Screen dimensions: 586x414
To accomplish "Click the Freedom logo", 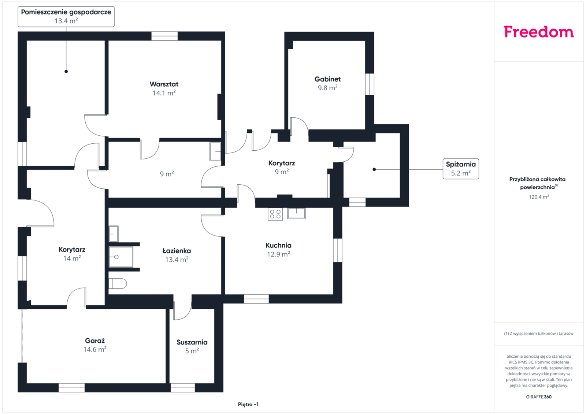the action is pos(539,32).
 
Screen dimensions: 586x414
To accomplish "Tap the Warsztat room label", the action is pos(164,84).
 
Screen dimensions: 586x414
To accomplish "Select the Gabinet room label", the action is pos(327,79).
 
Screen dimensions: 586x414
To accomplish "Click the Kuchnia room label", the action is pos(278,245).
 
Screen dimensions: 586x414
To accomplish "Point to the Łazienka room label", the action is pos(177,251).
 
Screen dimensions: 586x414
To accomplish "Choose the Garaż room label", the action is pos(95,340).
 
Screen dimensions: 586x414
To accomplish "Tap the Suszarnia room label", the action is pos(192,342).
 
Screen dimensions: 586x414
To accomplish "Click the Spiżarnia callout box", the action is pos(461,169).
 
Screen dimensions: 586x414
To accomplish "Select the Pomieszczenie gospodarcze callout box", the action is pos(66,16).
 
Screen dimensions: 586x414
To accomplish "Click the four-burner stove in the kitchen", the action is pos(275,214).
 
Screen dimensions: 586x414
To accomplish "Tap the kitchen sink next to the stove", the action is pos(296,213).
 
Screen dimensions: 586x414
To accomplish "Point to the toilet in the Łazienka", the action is pos(118,283).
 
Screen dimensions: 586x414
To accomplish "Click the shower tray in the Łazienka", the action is pos(120,257).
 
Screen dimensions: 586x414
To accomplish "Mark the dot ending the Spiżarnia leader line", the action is pos(374,169).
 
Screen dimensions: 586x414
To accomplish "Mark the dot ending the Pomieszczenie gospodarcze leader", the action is pos(66,71).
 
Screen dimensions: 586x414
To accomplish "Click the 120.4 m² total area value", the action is pos(539,197).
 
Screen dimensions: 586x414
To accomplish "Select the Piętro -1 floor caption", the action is pos(248,404).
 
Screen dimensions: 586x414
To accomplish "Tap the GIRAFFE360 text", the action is pos(539,397).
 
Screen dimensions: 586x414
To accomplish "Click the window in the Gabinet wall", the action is pos(370,84).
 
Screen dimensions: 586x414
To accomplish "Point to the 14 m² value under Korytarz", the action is pos(72,258).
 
